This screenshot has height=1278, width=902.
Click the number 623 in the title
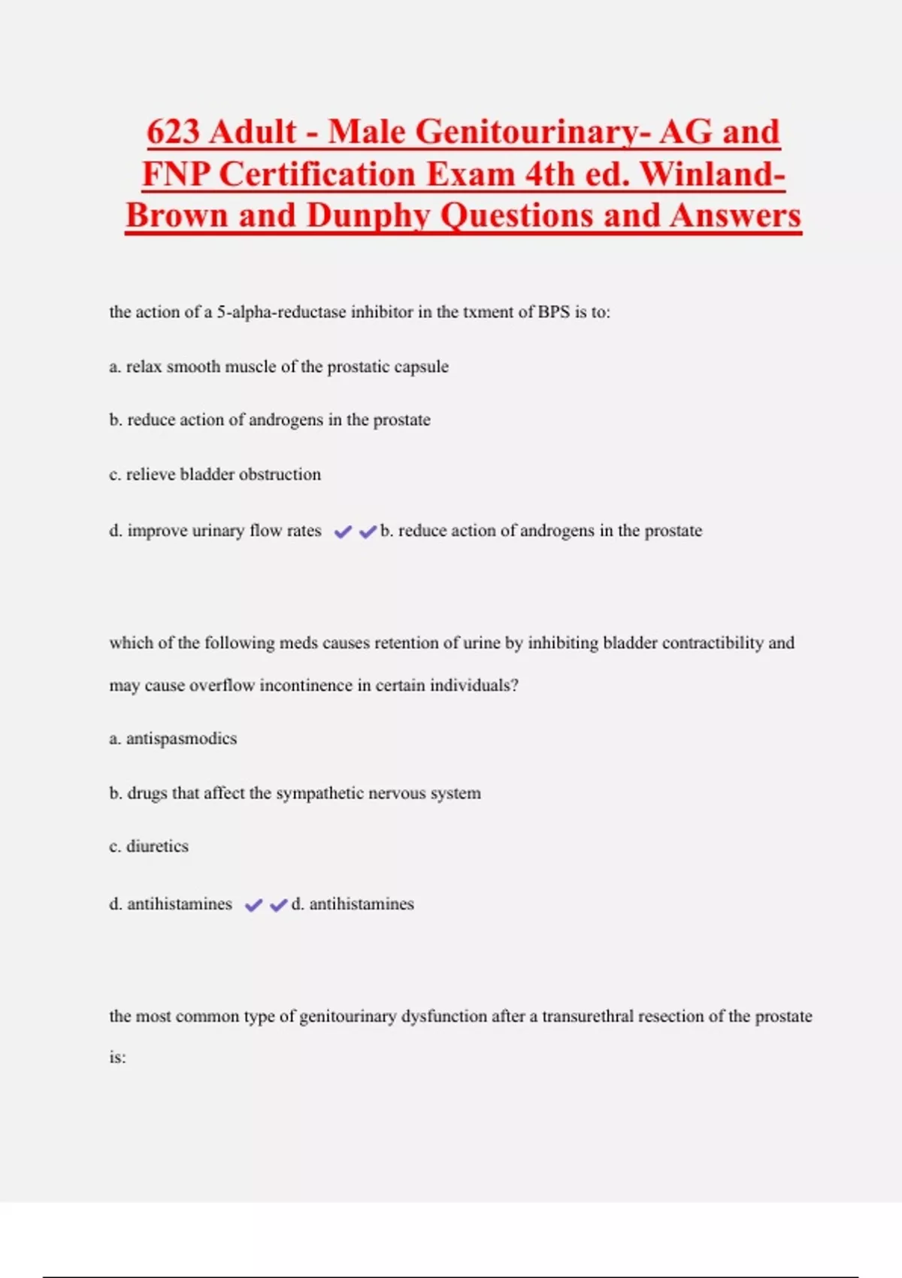[174, 132]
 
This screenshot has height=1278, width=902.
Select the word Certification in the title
[319, 174]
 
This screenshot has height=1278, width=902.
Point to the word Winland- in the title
[713, 174]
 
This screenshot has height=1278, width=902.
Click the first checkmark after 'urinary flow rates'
[343, 532]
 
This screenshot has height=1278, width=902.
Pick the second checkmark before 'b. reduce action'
[368, 532]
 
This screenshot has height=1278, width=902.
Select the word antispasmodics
[181, 739]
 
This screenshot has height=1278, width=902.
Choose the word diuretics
[157, 846]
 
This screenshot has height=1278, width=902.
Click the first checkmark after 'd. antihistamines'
[254, 905]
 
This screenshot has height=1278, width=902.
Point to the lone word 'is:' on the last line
[117, 1058]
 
